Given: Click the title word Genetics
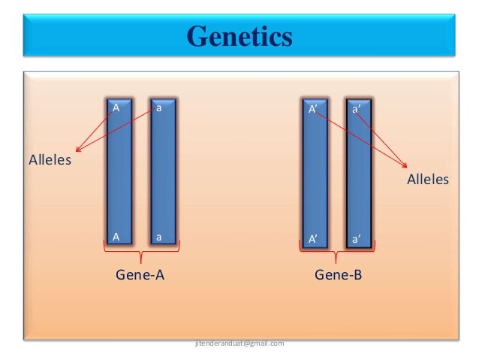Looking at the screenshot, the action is pos(239,36).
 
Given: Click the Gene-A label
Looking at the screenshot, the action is pos(140,275).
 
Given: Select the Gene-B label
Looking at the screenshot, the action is pos(338,275).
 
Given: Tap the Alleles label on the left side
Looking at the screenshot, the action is pos(50,159).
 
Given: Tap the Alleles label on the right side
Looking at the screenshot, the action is pos(428,180).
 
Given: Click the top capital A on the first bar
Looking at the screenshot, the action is pos(116,108).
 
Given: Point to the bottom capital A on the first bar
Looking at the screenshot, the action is pos(116,237).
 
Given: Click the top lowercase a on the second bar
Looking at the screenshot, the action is pos(159,108).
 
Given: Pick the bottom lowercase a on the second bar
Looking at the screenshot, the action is pos(159,237).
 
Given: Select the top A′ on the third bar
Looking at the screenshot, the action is pos(314,110).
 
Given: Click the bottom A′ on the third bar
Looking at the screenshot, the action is pos(314,240).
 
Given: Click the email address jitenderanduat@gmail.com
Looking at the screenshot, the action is pos(239,343).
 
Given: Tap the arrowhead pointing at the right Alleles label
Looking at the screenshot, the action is pos(405,167).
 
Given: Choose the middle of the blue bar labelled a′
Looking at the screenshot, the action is pos(359,173).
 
